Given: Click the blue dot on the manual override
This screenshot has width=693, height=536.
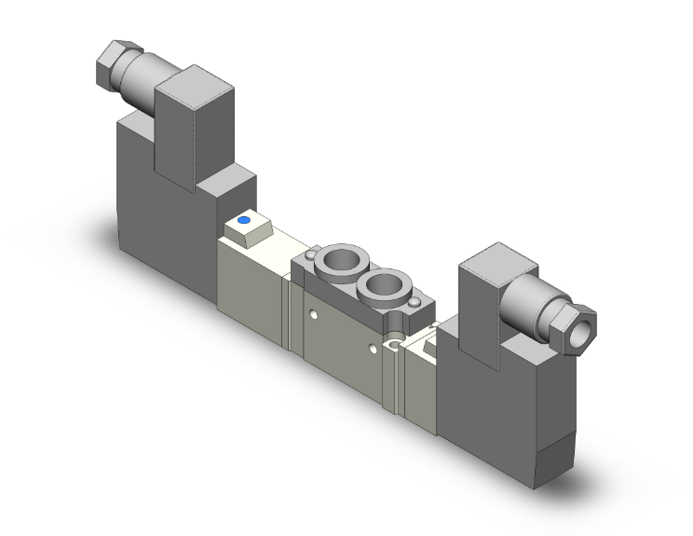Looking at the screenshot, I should click(244, 221).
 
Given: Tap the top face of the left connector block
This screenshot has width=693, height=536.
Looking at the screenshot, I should click(192, 81).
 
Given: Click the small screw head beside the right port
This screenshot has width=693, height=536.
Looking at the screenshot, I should click(415, 302).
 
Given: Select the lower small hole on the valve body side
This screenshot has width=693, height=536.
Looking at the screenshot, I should click(374, 349).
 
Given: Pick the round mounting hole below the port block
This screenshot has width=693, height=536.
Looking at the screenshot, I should click(395, 347).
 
